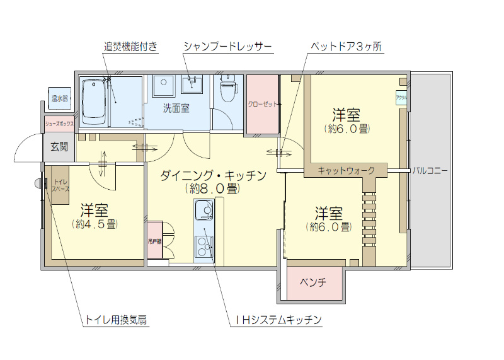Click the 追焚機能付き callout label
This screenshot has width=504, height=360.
(130, 47)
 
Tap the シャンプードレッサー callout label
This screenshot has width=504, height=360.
(227, 47)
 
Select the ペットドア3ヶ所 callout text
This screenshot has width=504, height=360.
(346, 47)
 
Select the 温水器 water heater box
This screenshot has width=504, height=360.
(60, 98)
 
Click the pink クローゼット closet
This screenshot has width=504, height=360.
(262, 105)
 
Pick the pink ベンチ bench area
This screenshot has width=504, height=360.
(313, 282)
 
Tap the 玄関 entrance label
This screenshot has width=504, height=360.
(59, 147)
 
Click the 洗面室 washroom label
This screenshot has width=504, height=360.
(176, 108)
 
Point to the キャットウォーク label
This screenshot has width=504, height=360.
(346, 170)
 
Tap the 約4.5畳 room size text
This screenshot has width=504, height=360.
(94, 223)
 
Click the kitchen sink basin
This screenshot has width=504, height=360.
(203, 209)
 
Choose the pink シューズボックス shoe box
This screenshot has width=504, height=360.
(59, 124)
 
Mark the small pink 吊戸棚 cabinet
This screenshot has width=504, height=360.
(154, 240)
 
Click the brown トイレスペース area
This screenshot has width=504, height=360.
(60, 185)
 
